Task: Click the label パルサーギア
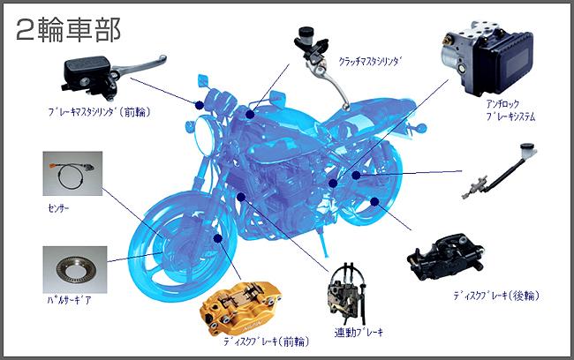pos(66,301)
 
